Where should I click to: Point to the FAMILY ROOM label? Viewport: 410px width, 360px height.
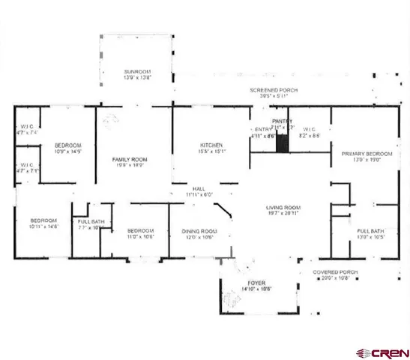pos(130,160)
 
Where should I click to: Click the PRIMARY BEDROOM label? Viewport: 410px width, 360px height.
pos(362,154)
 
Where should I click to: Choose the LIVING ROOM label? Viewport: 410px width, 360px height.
pos(283,208)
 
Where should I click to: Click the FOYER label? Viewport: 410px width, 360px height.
pos(257,283)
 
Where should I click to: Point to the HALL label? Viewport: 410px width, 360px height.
pos(199,189)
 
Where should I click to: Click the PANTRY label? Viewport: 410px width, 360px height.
pos(282,121)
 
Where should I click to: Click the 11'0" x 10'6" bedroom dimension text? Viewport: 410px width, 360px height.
pos(140,237)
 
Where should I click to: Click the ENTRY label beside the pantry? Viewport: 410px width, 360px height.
pos(262,130)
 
